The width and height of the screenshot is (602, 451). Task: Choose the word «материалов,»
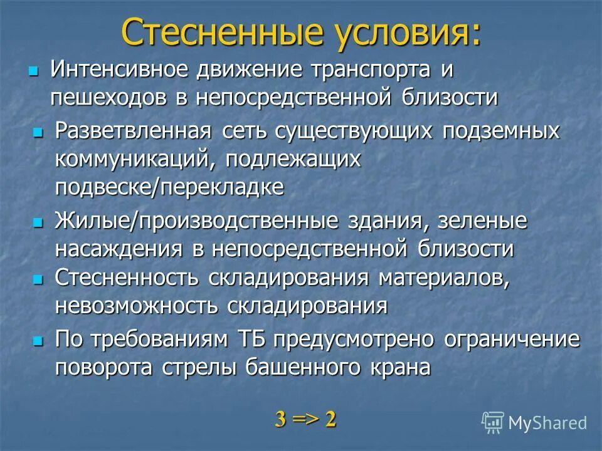pyautogui.click(x=444, y=278)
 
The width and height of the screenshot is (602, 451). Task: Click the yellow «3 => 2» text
pyautogui.click(x=305, y=419)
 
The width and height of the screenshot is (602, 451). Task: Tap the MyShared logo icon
pyautogui.click(x=493, y=422)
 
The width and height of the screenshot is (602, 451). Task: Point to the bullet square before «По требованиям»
pyautogui.click(x=38, y=340)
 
